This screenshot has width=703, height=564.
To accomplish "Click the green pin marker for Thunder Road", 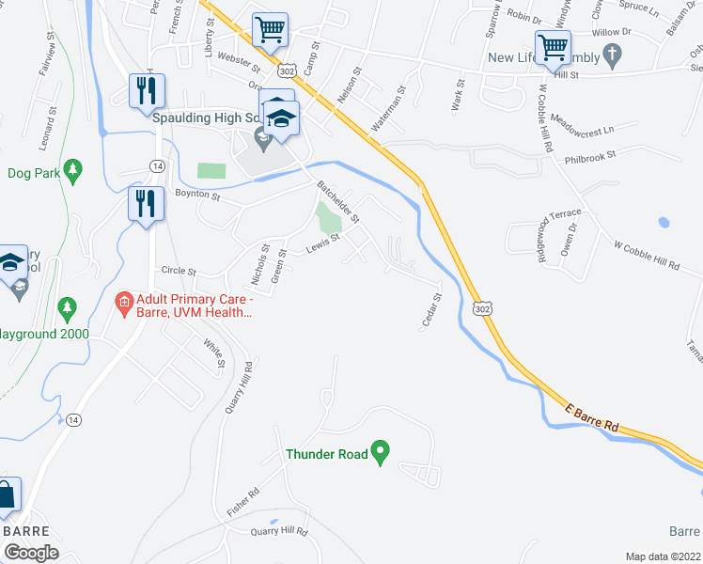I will [x=380, y=452].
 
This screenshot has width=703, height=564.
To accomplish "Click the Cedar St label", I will [x=430, y=311].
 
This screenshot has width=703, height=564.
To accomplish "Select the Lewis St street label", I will [x=321, y=247].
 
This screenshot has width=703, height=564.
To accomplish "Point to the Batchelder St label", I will [x=338, y=200].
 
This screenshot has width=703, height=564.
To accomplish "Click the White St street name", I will [x=214, y=353].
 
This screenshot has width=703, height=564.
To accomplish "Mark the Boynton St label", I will [x=196, y=196].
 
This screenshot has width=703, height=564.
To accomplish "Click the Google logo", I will [x=31, y=553].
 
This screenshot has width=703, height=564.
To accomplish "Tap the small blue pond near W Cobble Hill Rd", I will [x=664, y=223].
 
